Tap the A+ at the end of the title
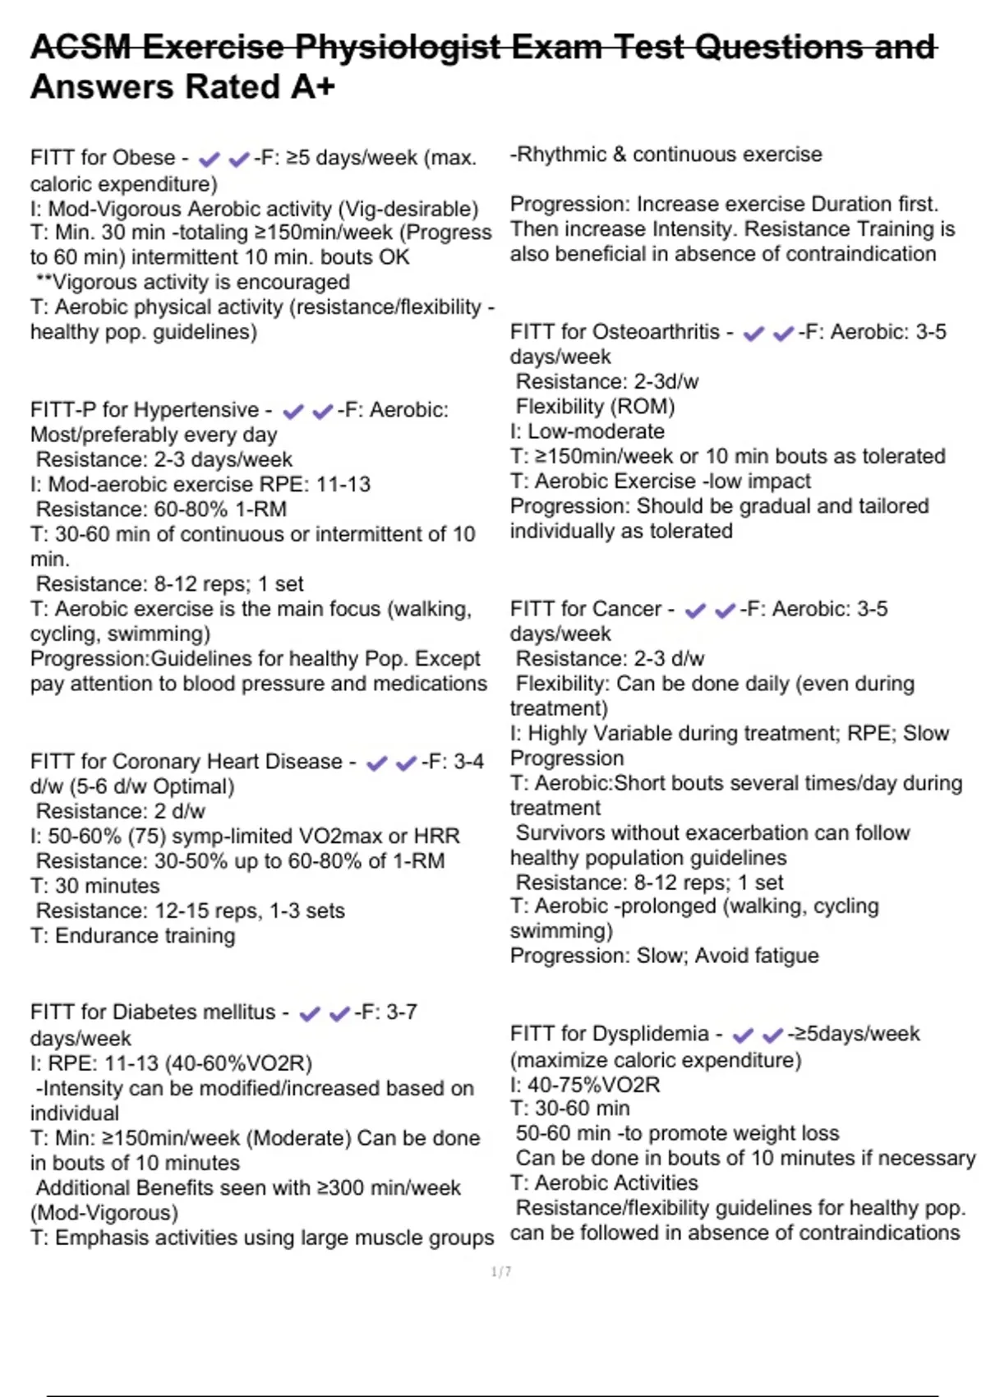313,87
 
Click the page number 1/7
501,1272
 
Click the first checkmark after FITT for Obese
210,159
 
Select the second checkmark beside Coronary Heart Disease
406,763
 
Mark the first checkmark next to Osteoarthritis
753,334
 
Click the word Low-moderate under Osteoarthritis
596,431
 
